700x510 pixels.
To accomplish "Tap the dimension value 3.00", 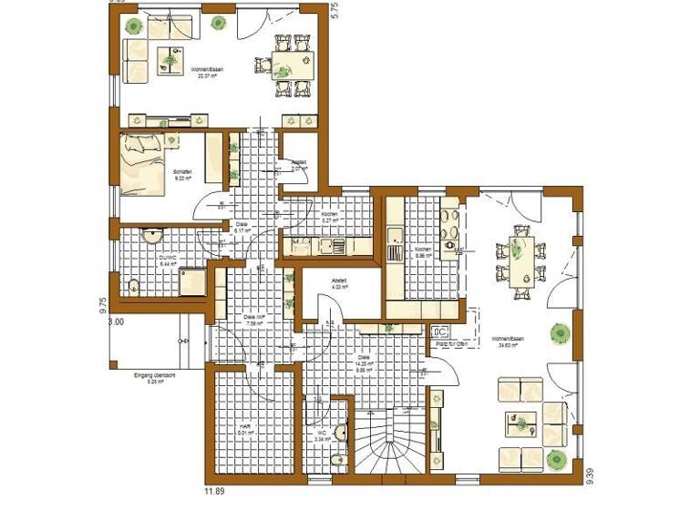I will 116,321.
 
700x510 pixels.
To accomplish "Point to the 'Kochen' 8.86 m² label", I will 423,251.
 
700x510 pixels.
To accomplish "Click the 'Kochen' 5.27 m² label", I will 329,217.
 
